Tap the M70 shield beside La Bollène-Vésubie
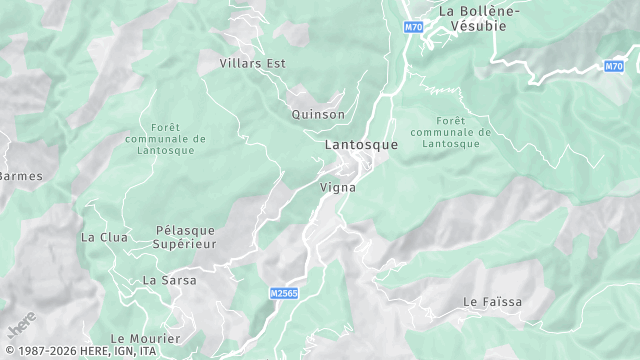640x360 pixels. point(413,27)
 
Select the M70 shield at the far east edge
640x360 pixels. point(614,66)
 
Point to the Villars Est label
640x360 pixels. point(253,63)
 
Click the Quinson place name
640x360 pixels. point(318,114)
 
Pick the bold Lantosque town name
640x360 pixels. point(361,144)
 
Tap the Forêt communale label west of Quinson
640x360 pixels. point(165,139)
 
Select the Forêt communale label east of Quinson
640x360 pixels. point(451,131)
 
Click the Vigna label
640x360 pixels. point(338,187)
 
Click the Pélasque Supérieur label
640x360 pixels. point(185,237)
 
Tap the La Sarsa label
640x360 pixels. point(169,280)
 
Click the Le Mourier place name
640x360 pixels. point(138,338)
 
